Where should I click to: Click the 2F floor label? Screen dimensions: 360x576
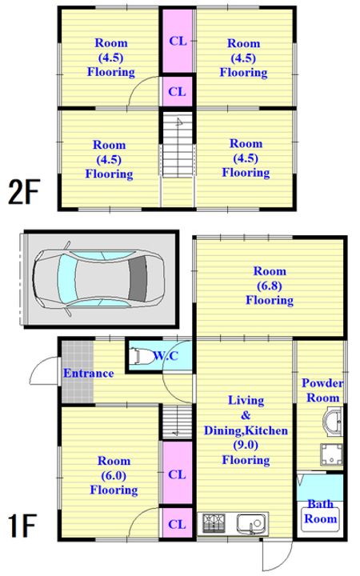(24, 192)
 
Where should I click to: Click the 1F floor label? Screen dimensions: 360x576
(22, 526)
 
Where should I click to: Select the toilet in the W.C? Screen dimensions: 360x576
(140, 356)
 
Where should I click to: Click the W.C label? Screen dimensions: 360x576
(166, 355)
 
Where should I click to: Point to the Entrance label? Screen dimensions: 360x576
(89, 374)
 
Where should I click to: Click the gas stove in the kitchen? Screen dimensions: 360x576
(214, 522)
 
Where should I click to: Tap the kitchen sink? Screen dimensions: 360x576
(251, 522)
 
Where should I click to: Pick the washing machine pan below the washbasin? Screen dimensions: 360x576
(332, 454)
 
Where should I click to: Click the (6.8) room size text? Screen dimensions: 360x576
(270, 286)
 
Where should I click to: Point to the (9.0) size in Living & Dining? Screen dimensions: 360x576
(246, 446)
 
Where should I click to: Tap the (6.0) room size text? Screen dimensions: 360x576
(114, 476)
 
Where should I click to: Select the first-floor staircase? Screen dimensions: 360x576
(178, 422)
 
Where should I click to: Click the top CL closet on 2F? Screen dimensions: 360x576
(178, 41)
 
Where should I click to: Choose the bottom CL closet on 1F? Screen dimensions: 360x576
(177, 524)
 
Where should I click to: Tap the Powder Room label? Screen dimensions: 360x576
(322, 390)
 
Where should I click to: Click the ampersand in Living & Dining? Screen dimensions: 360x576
(246, 415)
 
